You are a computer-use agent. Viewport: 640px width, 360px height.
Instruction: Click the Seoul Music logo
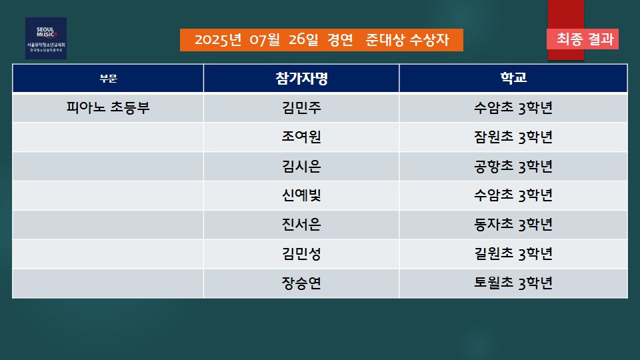[46, 39]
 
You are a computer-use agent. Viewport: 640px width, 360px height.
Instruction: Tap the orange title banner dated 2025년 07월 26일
[321, 40]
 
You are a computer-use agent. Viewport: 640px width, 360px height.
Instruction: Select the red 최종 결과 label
[583, 39]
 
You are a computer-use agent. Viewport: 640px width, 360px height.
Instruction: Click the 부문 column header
[108, 79]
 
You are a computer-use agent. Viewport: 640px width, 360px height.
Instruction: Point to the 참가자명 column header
[301, 78]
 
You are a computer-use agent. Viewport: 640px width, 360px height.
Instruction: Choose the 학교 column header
[513, 77]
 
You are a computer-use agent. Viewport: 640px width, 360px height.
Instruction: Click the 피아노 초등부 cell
[108, 108]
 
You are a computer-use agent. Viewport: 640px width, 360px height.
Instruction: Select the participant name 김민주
[301, 108]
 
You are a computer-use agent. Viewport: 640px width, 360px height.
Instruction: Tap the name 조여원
[301, 137]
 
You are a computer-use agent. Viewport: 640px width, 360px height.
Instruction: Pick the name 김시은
[301, 166]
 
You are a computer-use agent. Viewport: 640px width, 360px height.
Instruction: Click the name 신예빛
[301, 195]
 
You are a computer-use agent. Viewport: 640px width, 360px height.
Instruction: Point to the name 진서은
[301, 225]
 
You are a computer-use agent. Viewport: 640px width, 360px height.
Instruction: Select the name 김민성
[301, 254]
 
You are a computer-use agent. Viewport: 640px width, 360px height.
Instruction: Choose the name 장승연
[301, 283]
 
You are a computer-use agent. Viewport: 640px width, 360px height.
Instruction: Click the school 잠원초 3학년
[513, 137]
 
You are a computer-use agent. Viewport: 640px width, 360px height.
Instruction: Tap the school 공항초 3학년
[513, 166]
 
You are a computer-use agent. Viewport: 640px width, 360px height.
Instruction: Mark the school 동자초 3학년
[513, 225]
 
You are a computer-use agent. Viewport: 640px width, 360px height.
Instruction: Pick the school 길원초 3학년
[513, 254]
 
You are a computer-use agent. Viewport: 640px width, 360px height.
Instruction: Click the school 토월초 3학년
[513, 283]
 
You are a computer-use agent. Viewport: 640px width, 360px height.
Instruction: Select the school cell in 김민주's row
[513, 108]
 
